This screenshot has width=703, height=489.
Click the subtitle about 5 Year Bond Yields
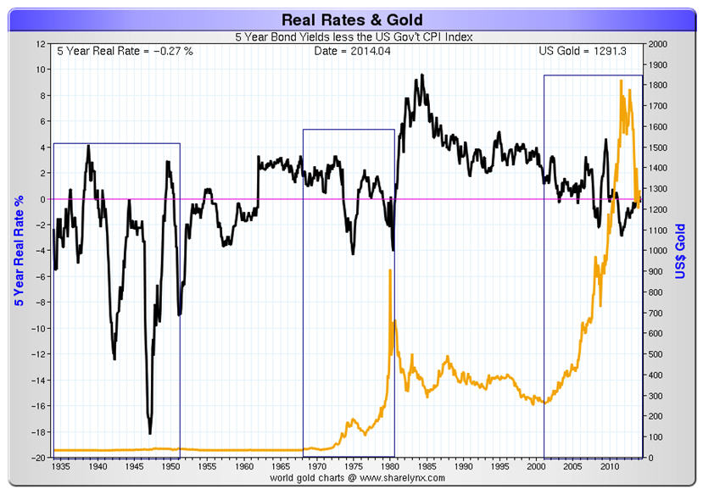[351, 36]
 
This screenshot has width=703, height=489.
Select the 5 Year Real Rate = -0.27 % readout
[125, 51]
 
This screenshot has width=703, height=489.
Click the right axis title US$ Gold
[680, 251]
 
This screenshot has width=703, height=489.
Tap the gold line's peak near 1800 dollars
[622, 81]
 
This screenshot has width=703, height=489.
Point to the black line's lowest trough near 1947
[150, 433]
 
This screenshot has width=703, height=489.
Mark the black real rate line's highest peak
[422, 75]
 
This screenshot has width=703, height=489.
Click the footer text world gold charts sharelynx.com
[351, 478]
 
